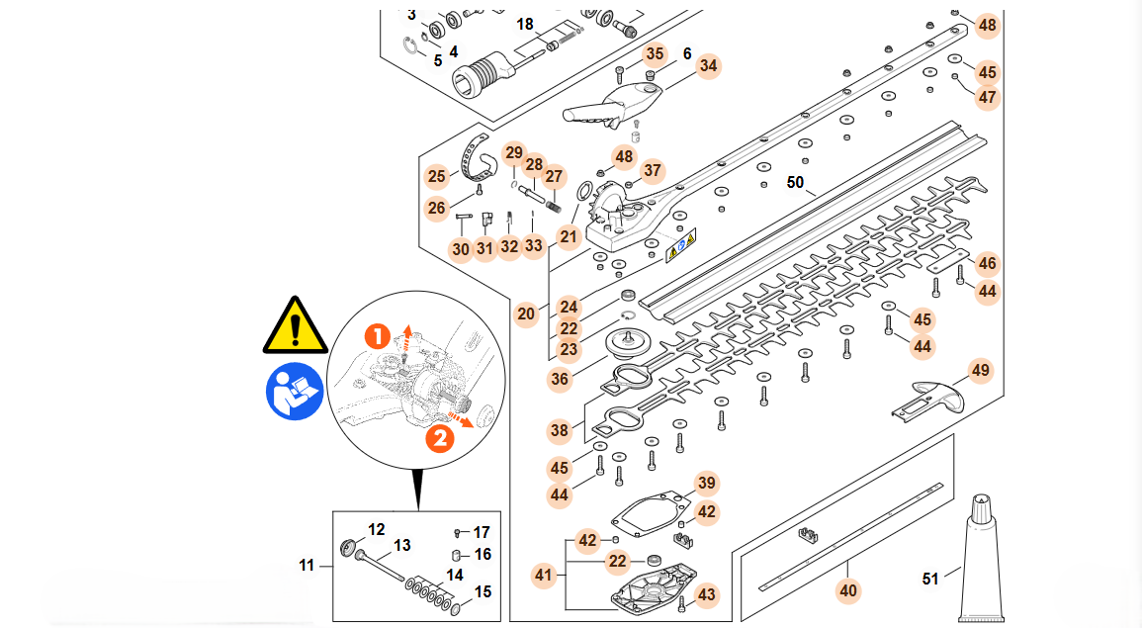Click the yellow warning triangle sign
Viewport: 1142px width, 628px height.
pos(295,325)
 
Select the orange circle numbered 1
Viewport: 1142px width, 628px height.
pos(377,336)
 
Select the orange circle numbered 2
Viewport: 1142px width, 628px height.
pos(439,436)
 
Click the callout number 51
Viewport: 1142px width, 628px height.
pos(930,579)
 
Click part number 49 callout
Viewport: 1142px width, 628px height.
pos(980,371)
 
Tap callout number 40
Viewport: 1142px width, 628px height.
pos(848,591)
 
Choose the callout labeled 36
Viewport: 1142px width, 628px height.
pos(560,379)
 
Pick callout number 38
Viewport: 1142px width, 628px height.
pos(560,431)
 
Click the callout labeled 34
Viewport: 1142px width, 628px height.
pos(708,66)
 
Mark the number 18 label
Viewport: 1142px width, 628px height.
pos(525,24)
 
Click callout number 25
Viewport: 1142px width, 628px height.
pos(437,177)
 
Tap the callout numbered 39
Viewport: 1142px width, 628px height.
pos(706,483)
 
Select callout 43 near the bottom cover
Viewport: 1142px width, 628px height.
pos(706,594)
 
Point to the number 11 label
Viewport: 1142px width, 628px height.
pos(307,566)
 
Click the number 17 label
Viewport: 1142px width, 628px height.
pos(482,532)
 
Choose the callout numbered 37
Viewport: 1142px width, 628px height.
pos(653,170)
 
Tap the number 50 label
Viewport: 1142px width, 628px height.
pos(796,182)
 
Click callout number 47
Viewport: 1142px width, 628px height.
pos(987,97)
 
